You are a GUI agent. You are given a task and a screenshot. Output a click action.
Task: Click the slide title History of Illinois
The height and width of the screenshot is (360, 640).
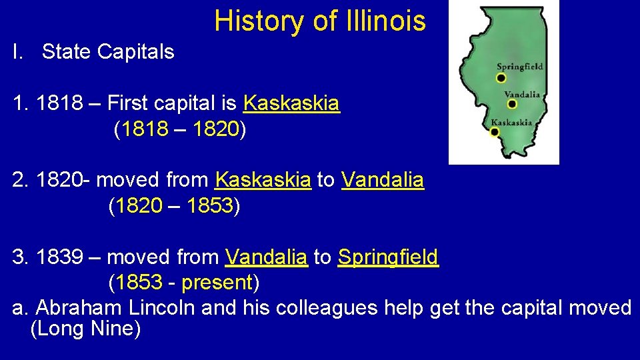click(x=319, y=21)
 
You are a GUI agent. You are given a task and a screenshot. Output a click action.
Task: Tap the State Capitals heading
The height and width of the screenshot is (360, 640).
click(x=107, y=52)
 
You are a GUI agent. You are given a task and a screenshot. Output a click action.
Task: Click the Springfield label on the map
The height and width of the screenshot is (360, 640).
click(x=520, y=67)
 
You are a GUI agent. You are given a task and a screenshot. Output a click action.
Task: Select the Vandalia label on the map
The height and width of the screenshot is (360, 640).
click(x=522, y=95)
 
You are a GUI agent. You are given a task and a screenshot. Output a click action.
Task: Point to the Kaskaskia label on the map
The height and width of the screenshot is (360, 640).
click(x=511, y=122)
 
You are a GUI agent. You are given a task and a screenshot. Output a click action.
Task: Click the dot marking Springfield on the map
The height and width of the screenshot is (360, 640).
click(x=501, y=78)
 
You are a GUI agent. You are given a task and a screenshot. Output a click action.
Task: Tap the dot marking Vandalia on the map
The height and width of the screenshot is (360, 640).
click(x=512, y=104)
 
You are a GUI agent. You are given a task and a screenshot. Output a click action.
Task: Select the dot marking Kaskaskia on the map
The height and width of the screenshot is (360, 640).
click(x=495, y=132)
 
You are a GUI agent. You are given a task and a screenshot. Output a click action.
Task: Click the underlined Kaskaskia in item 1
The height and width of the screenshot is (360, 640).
click(x=291, y=103)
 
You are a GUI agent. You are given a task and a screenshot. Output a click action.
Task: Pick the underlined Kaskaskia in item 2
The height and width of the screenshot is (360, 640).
click(x=263, y=180)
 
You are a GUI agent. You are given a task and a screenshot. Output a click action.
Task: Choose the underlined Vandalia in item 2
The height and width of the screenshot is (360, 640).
click(x=383, y=180)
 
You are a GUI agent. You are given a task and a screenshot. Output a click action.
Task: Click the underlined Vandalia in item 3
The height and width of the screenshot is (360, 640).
click(x=267, y=257)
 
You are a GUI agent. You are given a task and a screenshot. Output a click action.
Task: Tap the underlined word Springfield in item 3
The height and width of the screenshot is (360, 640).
click(x=388, y=257)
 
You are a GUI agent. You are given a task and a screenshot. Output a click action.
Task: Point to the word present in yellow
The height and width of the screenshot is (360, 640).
click(x=216, y=283)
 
